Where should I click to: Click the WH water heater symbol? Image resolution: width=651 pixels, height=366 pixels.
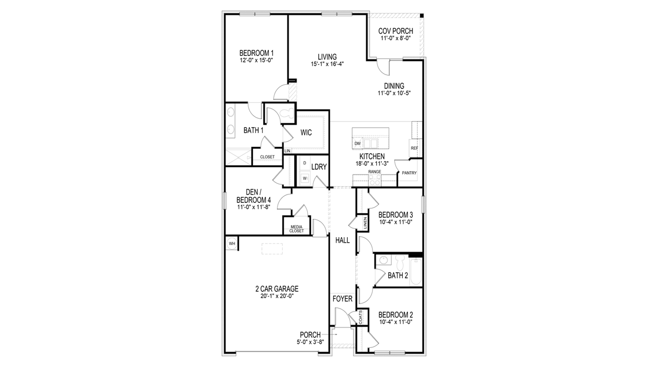coord(232,244)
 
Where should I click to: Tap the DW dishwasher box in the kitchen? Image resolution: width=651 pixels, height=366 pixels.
coord(358,144)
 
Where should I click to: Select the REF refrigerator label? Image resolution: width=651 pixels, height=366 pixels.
coord(415,148)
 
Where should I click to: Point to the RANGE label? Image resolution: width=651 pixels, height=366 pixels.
coord(375,172)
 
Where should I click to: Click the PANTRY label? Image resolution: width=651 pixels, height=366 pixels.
coord(409,173)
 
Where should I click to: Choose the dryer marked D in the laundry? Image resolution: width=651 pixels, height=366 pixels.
coord(305,163)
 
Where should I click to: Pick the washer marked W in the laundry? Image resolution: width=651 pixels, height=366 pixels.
coord(305,178)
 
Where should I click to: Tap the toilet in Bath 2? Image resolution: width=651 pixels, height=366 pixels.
coord(400,262)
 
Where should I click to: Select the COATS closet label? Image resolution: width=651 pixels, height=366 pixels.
coord(360,317)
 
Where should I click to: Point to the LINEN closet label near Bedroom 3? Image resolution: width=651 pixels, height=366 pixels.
coord(365,223)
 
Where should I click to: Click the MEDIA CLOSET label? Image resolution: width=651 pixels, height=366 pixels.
coord(297,229)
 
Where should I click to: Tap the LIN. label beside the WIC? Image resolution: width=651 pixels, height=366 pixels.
coord(288,151)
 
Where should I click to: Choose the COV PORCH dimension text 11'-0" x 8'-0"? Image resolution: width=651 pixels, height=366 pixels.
coord(395,38)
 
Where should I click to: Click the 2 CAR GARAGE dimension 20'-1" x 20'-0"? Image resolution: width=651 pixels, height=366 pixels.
coord(277,296)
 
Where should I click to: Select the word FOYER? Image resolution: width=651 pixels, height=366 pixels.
coord(342,298)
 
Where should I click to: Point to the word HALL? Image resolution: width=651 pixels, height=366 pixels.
coord(343,240)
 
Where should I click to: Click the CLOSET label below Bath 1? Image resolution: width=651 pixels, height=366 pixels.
coord(267,157)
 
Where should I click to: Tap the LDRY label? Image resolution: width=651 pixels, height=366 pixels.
coord(319,167)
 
